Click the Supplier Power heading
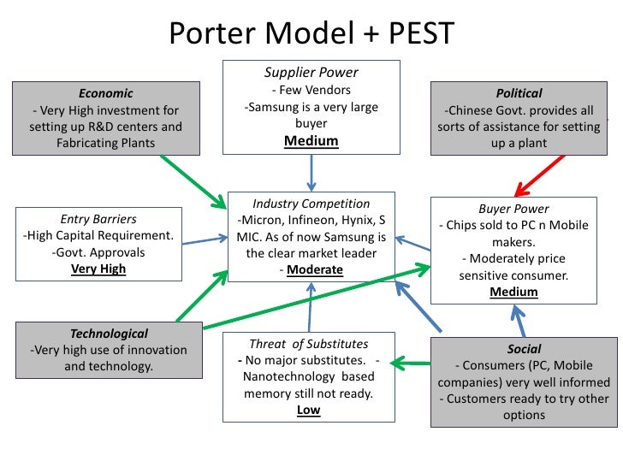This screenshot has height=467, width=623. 311,73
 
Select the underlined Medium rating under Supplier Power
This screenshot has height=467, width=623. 311,141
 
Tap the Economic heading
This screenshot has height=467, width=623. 106,93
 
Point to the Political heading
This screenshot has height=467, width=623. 519,93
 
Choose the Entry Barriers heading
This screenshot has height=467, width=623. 98,219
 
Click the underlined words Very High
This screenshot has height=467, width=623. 98,269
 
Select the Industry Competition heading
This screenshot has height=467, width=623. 311,204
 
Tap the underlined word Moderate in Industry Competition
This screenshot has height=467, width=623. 315,270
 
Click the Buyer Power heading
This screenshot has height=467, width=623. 513,209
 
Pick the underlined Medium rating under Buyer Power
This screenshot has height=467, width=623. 513,292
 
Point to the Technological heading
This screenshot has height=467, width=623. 109,334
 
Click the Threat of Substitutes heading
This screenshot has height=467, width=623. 308,345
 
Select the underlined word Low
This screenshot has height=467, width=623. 308,410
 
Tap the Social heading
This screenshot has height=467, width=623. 524,349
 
